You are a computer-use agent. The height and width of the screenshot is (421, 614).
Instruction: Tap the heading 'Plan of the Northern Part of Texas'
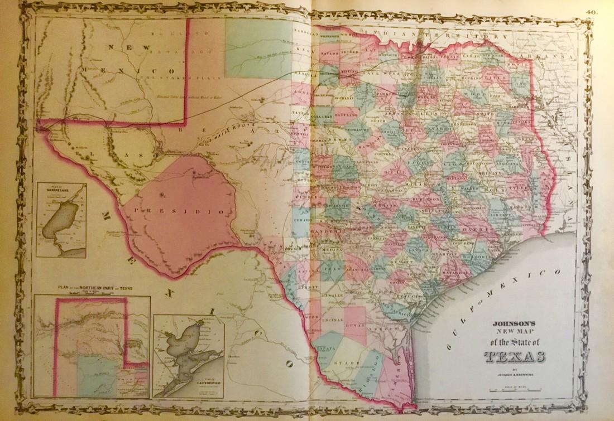click(92, 288)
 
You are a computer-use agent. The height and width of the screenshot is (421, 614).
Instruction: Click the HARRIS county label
click(477, 230)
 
